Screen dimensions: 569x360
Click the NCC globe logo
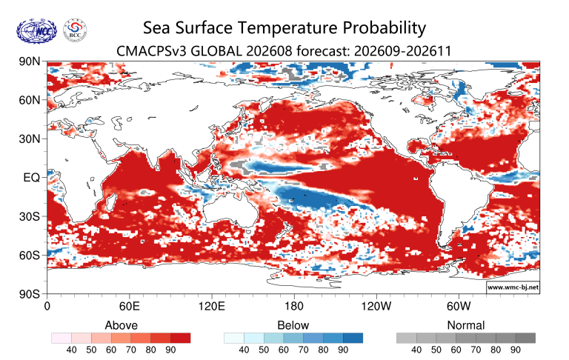(36, 30)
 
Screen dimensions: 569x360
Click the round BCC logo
(75, 30)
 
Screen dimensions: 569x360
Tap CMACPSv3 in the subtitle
(152, 51)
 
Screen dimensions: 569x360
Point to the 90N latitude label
(30, 61)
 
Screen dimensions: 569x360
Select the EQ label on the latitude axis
(32, 178)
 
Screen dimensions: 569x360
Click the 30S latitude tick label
(30, 216)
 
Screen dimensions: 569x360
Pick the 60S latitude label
(30, 255)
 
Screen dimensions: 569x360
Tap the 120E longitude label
(212, 306)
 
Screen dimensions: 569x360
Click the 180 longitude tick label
(293, 306)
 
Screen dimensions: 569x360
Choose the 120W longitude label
(376, 306)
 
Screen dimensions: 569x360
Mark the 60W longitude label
(459, 306)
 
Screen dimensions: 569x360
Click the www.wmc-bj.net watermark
(513, 287)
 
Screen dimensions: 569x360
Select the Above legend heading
(122, 325)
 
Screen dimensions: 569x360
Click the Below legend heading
(293, 325)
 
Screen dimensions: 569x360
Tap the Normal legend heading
(466, 325)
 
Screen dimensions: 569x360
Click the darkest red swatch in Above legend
(180, 338)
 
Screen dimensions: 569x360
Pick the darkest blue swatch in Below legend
(353, 338)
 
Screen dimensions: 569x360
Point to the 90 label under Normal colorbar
(516, 350)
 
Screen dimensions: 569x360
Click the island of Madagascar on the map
(111, 202)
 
